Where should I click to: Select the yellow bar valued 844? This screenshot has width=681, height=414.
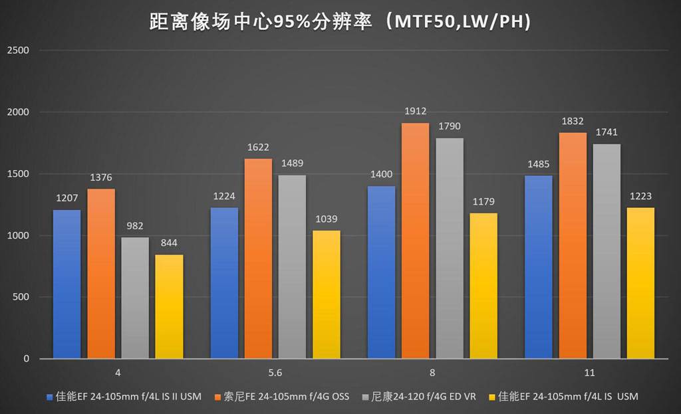tap(169, 306)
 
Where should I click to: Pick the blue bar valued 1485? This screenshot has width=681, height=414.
tap(538, 266)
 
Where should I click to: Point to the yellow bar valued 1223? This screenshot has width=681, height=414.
tap(640, 283)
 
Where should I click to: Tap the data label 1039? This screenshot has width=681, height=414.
tap(327, 219)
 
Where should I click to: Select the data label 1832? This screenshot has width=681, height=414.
tap(573, 121)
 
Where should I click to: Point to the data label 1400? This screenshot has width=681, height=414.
tap(381, 175)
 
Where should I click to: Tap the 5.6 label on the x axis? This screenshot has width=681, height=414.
tap(275, 373)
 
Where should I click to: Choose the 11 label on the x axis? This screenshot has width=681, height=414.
tap(589, 373)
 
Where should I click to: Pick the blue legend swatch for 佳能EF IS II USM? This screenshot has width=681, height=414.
tap(49, 397)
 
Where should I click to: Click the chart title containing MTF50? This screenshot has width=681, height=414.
tap(340, 22)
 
